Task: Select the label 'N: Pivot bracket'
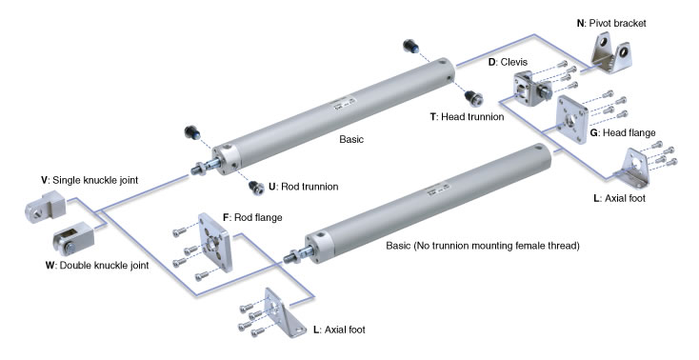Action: [x=611, y=23]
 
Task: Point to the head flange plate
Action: [x=572, y=119]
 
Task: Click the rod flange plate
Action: [x=215, y=242]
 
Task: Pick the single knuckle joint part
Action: [x=45, y=205]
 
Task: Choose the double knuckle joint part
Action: [x=72, y=238]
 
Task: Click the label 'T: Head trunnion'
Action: [x=467, y=117]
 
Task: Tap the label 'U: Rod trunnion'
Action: [x=303, y=187]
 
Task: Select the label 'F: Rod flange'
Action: [x=252, y=218]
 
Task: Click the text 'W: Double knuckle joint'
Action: [x=97, y=266]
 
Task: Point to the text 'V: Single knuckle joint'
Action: [x=90, y=180]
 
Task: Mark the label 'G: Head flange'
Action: [x=623, y=132]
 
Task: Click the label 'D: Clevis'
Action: [x=508, y=62]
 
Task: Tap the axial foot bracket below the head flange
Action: [x=632, y=169]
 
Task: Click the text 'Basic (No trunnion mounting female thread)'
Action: [x=483, y=246]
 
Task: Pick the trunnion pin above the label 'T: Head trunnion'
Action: [x=472, y=98]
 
